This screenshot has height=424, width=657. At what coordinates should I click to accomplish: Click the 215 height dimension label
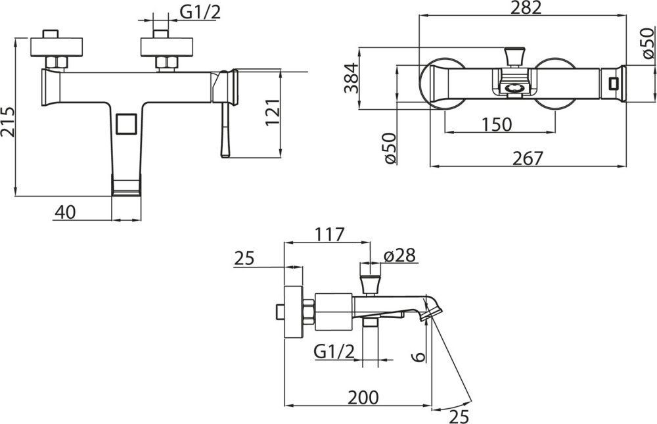[8, 122]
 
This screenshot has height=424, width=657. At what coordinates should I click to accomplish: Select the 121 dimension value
[273, 112]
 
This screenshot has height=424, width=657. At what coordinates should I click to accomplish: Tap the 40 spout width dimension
[66, 212]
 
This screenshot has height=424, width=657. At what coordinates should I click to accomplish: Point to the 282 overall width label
[526, 8]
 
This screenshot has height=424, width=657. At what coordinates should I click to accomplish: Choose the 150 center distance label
[497, 124]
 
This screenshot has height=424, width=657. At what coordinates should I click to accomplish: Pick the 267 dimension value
[528, 158]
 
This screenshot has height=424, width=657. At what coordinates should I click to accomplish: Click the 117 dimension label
[330, 235]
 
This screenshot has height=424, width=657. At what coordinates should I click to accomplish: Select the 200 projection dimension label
[363, 397]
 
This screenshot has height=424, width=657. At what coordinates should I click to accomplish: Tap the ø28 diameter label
[399, 255]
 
